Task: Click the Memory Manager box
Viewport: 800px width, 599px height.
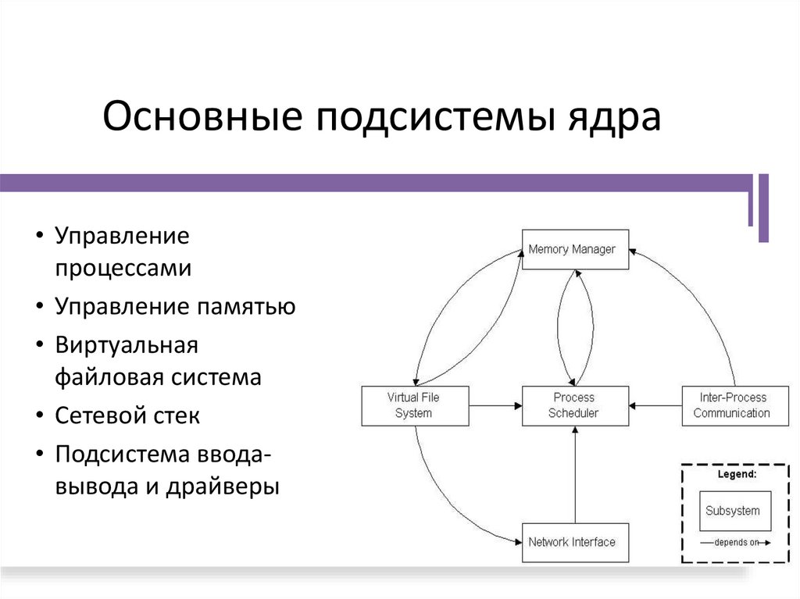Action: [x=575, y=250]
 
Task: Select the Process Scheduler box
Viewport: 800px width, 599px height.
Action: [x=575, y=405]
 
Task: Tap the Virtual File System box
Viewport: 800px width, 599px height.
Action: [x=415, y=405]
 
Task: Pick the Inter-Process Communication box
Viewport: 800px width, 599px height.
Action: [x=731, y=405]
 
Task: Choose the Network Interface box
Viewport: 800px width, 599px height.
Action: [x=575, y=542]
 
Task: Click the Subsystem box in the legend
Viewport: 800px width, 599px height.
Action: [x=733, y=511]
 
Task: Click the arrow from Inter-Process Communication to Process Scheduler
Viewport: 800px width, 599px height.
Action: [x=656, y=405]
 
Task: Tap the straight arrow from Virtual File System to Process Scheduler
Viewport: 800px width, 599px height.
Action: [x=495, y=405]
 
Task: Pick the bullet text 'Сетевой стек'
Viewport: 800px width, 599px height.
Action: [x=127, y=415]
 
